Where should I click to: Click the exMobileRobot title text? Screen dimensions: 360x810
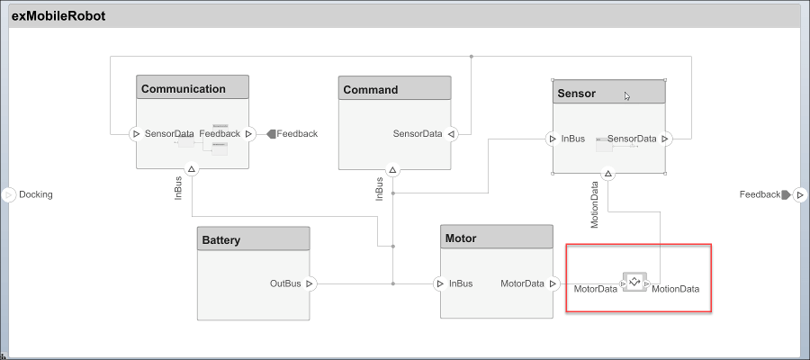[59, 15]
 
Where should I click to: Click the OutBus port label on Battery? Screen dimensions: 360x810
[285, 283]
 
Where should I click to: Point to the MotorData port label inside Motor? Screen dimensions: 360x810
[522, 283]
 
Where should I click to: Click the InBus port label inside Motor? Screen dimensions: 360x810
[461, 283]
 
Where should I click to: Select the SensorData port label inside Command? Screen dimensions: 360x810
[418, 134]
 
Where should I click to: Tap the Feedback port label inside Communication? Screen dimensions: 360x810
[220, 133]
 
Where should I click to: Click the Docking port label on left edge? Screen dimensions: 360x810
[36, 194]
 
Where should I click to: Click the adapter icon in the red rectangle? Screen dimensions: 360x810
[634, 282]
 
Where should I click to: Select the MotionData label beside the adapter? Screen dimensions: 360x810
[675, 289]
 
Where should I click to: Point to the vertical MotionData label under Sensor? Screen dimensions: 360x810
[595, 205]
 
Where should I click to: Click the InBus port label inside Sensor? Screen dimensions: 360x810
[573, 139]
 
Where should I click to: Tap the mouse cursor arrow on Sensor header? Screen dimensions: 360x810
[626, 95]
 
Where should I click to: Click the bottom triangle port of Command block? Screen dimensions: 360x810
[392, 168]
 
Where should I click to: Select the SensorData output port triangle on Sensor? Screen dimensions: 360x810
[665, 139]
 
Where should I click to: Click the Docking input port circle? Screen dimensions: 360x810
[9, 194]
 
